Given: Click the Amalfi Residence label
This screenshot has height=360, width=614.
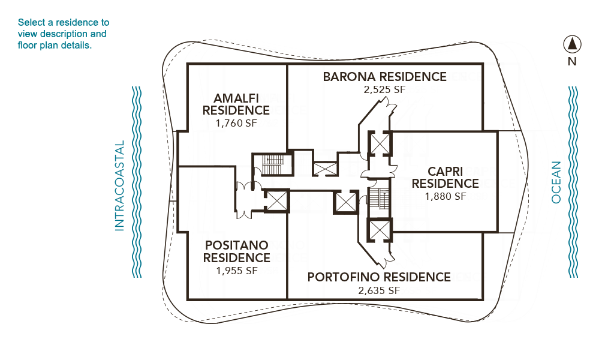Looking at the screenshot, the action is point(236,104).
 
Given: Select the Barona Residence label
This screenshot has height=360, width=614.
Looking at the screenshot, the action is point(384,77).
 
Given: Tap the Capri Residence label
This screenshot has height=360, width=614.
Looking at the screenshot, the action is point(446,178).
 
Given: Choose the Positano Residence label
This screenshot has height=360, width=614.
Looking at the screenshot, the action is point(236,251).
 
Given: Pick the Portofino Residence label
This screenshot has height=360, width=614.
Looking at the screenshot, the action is point(379,277).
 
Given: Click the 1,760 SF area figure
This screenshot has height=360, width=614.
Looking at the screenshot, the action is point(236,123).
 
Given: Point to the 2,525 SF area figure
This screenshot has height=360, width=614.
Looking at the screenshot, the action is point(384,90).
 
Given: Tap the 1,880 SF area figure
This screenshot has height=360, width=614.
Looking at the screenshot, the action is point(446,196).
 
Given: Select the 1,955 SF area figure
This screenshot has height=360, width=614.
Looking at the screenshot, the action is point(237,271).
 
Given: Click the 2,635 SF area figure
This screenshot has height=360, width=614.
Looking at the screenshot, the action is point(379,290).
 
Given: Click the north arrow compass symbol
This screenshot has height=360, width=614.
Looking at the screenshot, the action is point(572,44).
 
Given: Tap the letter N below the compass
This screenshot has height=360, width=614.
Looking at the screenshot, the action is point(572,62).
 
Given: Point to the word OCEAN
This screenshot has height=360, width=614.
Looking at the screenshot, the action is point(556,182).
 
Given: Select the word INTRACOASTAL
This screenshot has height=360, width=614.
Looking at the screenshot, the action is point(119,185).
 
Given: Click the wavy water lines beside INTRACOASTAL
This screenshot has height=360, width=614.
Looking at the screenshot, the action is point(136,182).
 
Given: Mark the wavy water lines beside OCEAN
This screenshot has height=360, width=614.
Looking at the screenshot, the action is point(573,182).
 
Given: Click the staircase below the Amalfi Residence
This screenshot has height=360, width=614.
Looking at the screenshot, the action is point(273,164).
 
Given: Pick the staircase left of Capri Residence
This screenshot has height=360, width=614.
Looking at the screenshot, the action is point(379,199).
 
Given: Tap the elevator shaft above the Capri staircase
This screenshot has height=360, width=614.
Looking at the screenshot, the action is point(380,143).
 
